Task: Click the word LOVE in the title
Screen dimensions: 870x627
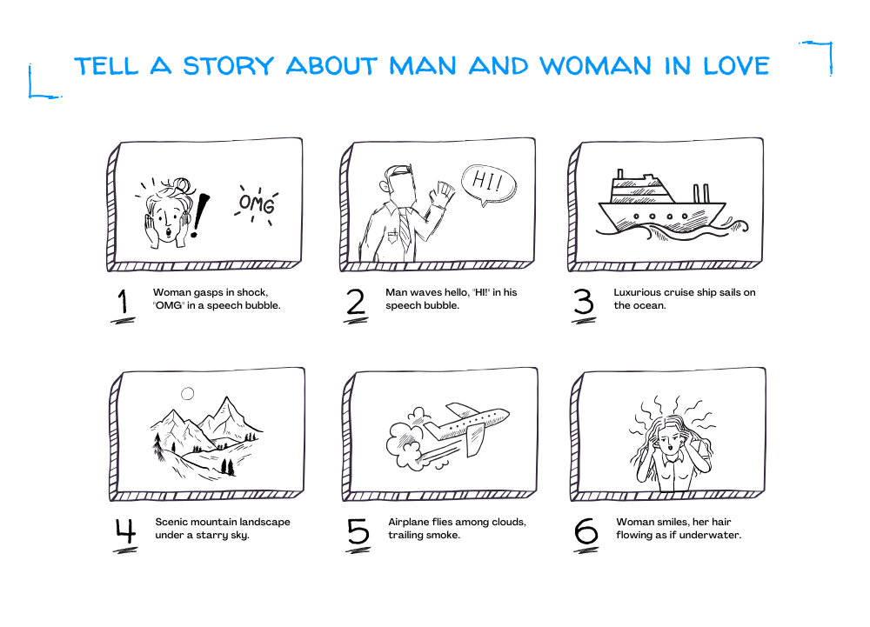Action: pos(736,66)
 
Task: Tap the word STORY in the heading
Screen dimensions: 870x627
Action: pos(229,66)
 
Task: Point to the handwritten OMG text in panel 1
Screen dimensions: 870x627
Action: pos(257,204)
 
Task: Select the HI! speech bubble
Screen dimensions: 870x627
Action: pos(488,183)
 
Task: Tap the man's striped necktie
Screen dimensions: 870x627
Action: pos(405,228)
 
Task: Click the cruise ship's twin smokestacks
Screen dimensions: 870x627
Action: pos(700,193)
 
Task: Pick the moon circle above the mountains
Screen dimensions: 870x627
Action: pos(188,394)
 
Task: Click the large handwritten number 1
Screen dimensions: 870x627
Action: pos(123,303)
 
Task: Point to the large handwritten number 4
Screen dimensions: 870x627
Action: pos(125,531)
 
